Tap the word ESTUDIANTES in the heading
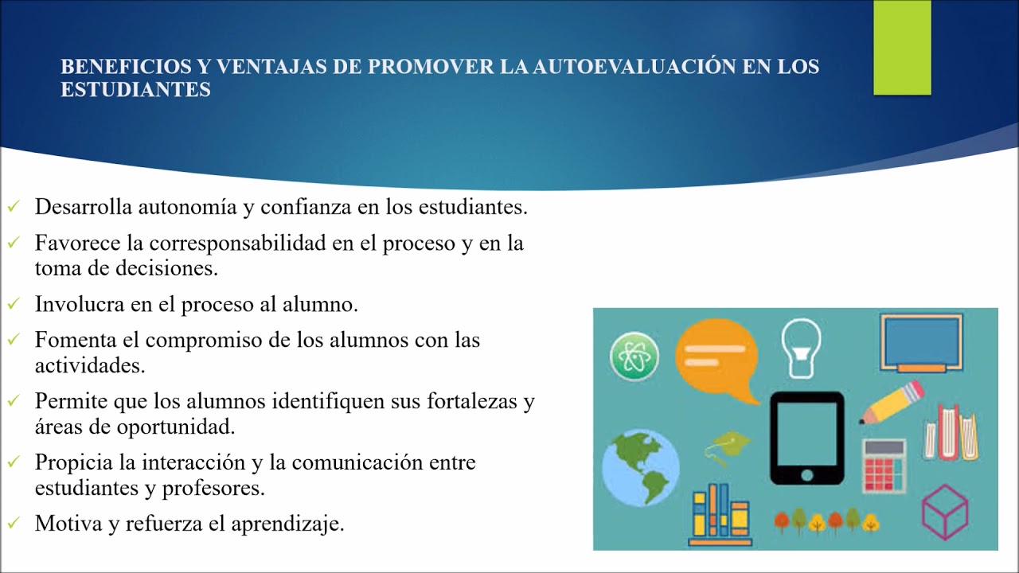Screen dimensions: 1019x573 [135, 89]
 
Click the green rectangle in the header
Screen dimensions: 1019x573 [902, 47]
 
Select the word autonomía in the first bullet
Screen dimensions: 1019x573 [187, 208]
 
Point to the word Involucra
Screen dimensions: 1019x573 [79, 304]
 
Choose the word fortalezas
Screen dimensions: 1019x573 [472, 401]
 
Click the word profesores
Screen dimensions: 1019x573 [213, 489]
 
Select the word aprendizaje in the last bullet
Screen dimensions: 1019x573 [288, 524]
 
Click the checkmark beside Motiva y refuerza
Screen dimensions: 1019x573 [14, 523]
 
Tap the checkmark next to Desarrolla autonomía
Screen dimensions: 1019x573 [14, 206]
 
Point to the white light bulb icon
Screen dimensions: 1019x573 [801, 349]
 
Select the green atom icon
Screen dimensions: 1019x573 [634, 357]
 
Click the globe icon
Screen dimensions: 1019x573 [641, 467]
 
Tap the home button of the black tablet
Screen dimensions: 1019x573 [807, 476]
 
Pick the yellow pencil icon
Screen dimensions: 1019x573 [892, 403]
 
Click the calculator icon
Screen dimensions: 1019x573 [884, 466]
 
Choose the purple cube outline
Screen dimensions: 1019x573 [945, 512]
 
